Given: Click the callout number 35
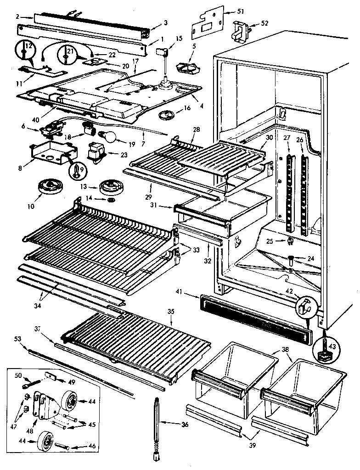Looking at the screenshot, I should click(x=171, y=312).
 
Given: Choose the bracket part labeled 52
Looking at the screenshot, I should click(x=241, y=31).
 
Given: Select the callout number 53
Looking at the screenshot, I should click(x=18, y=339).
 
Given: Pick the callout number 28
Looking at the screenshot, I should click(x=196, y=130).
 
